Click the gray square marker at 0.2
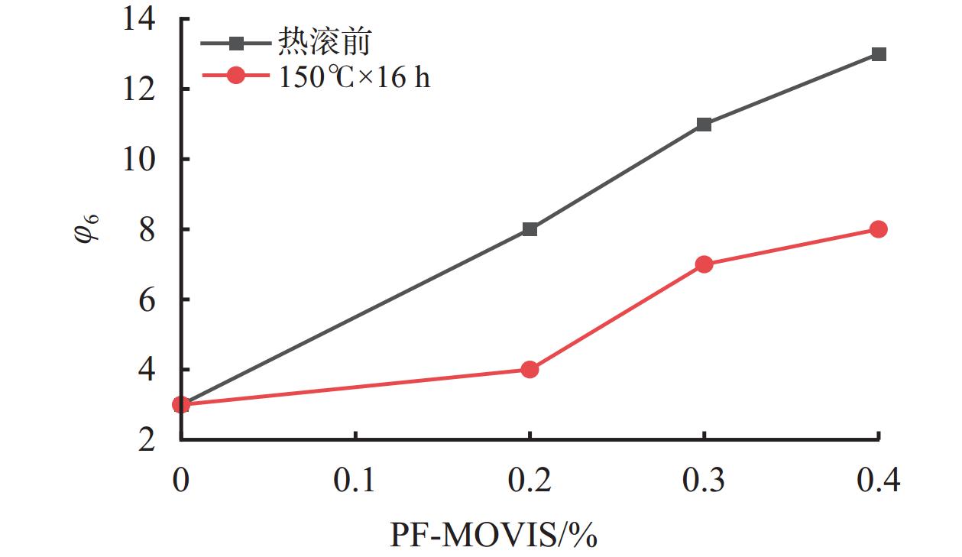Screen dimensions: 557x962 (x=530, y=229)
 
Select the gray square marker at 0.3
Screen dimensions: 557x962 (x=704, y=125)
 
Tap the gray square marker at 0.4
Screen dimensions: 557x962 (x=879, y=54)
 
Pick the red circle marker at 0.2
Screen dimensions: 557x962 (x=530, y=370)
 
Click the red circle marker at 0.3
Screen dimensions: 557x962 (x=704, y=264)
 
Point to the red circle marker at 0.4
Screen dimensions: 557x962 (x=879, y=229)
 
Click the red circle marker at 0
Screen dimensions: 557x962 (x=181, y=404)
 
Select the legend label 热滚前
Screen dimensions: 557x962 (x=325, y=42)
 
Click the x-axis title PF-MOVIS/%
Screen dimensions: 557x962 (x=493, y=536)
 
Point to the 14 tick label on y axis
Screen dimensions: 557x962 (x=144, y=18)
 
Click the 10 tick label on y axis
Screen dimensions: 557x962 (x=144, y=159)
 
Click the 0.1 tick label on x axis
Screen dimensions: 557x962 (x=355, y=481)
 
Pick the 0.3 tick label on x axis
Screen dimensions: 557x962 (x=704, y=481)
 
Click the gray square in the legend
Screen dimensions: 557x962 (x=236, y=43)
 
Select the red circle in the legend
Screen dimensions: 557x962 (x=236, y=76)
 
